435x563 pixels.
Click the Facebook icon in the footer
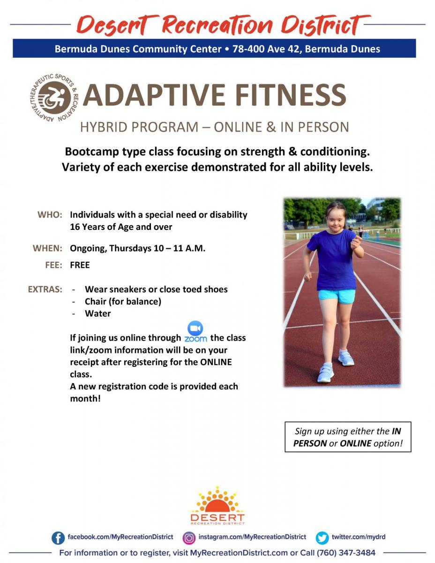point(58,538)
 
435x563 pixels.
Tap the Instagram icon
point(189,538)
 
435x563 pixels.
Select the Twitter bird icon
point(322,538)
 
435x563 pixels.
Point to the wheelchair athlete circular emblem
point(54,98)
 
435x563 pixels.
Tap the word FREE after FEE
point(80,265)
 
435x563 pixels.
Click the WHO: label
point(50,215)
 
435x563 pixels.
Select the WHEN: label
point(47,248)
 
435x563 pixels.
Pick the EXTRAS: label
point(45,289)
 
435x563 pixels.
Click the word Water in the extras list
point(98,314)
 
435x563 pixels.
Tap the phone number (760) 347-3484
point(346,553)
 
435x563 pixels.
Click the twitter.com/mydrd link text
point(359,537)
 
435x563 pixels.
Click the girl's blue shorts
point(337,296)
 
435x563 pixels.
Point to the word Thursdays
point(130,248)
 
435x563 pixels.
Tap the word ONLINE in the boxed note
point(355,443)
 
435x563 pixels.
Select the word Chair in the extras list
point(96,302)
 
